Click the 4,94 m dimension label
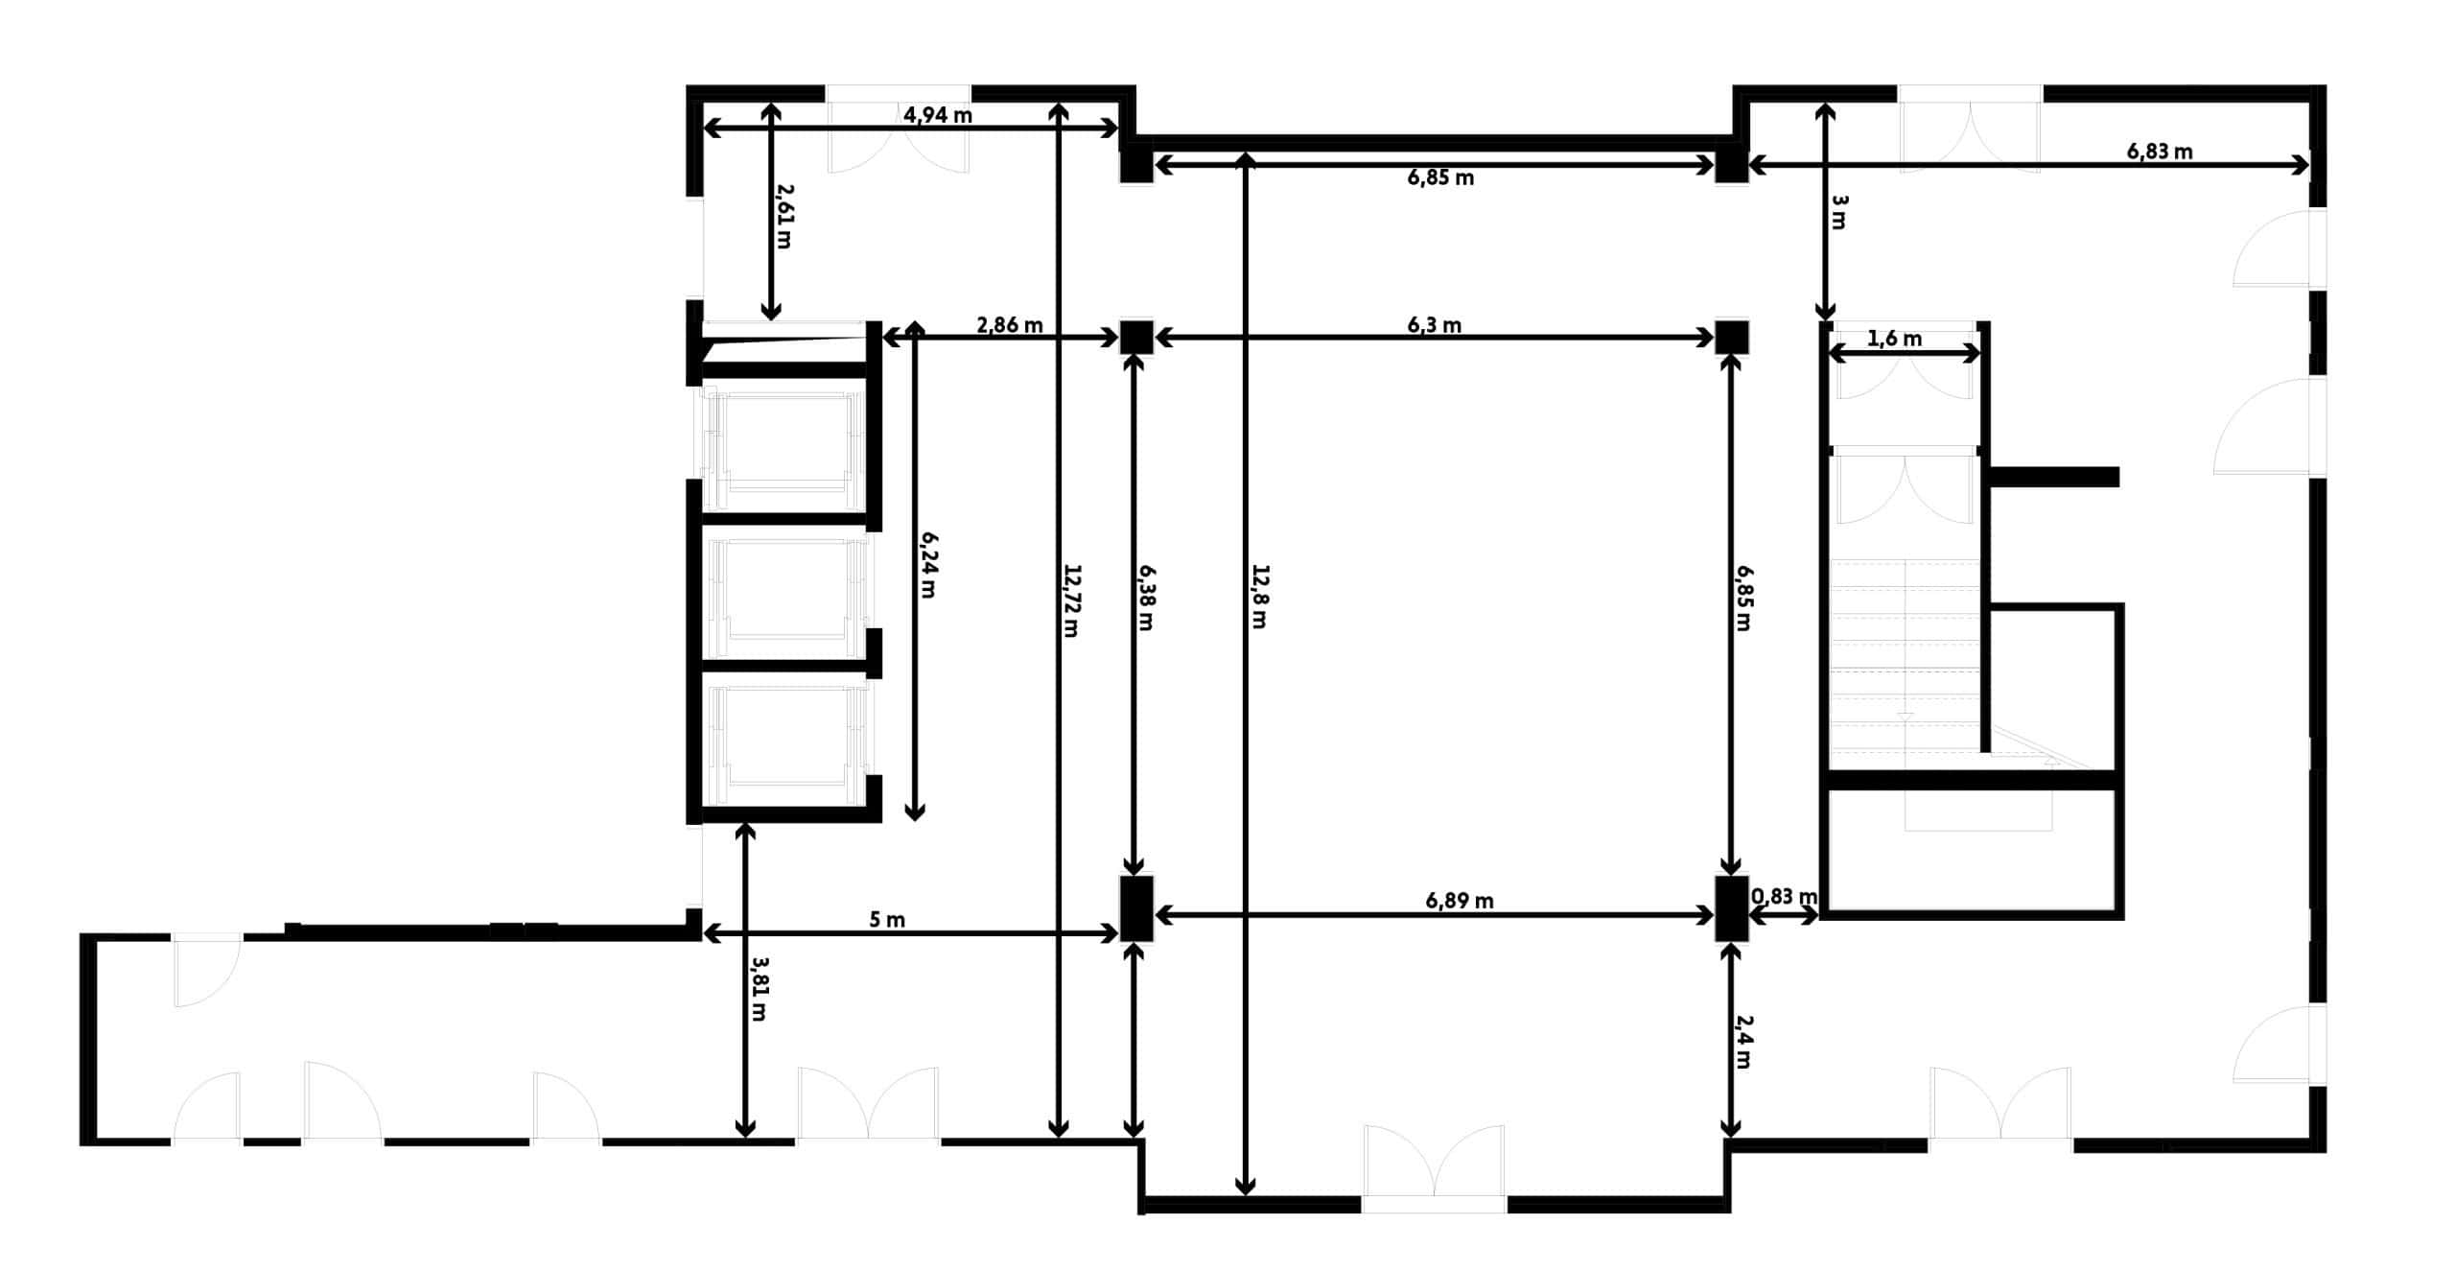pos(937,115)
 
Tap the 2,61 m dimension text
pos(783,217)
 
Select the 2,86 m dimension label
pos(1009,325)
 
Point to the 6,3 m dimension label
pos(1434,325)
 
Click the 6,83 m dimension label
pos(2160,152)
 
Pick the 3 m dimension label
pos(1838,212)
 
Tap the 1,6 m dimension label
pos(1895,339)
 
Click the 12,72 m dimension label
pos(1071,600)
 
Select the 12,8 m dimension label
pos(1259,596)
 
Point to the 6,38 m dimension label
pos(1146,596)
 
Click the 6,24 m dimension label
pos(927,565)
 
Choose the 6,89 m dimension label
pos(1459,901)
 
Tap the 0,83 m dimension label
pos(1784,897)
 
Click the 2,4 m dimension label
pos(1742,1043)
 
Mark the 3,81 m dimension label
pos(758,988)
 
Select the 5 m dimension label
pos(887,920)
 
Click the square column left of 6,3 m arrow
pos(1137,337)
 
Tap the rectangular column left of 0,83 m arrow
pos(1731,908)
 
